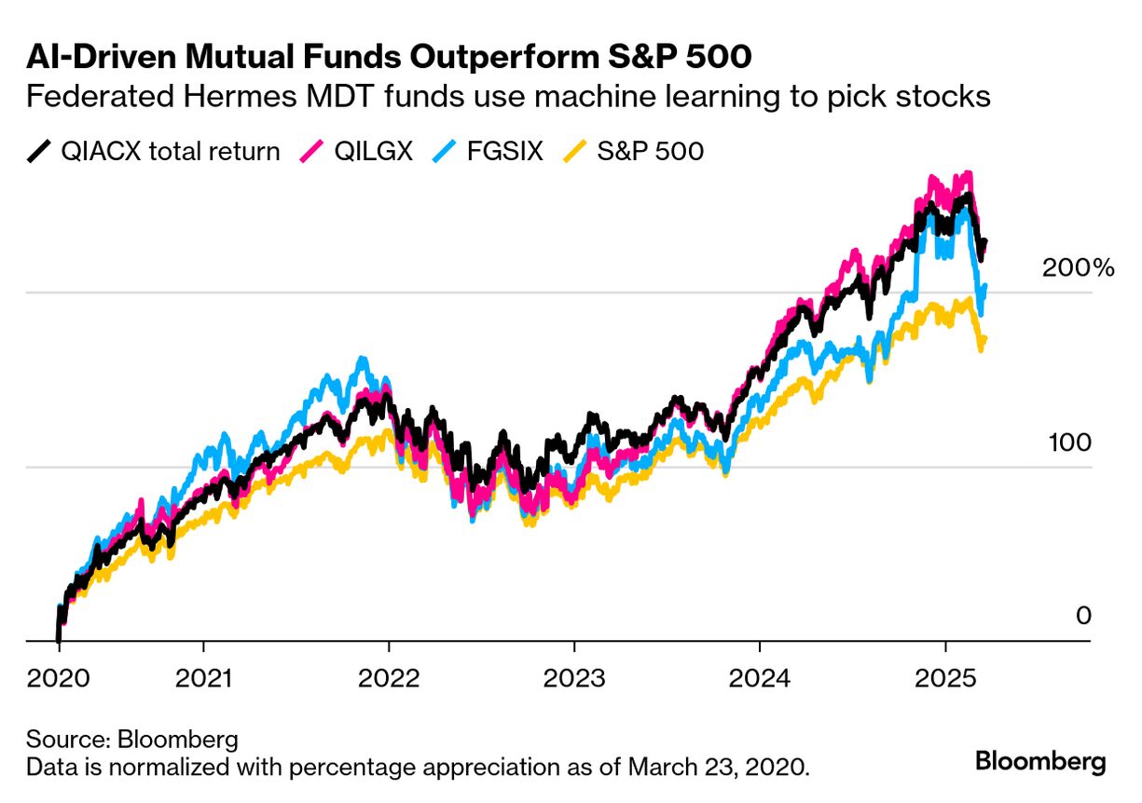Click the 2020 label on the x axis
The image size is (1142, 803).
[x=58, y=677]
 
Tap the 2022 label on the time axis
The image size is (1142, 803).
[x=388, y=677]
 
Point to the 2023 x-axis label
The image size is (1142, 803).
[x=573, y=677]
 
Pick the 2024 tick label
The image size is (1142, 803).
[x=759, y=677]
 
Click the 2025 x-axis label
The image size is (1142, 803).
[x=944, y=677]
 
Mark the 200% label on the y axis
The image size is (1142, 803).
[x=1078, y=268]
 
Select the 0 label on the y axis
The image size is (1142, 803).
[x=1082, y=616]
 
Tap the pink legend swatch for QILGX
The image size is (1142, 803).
[x=310, y=151]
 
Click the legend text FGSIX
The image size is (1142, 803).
[x=503, y=151]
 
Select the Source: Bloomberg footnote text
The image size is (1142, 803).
[x=131, y=741]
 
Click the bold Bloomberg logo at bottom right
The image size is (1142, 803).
[x=1040, y=761]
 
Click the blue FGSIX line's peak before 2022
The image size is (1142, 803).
[x=363, y=360]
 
